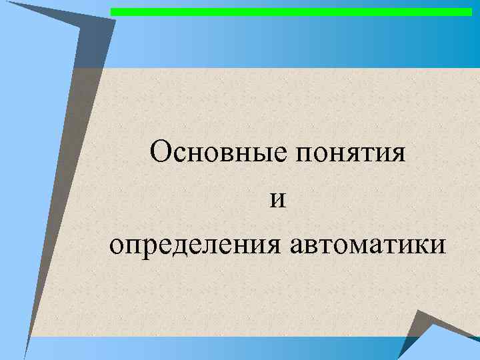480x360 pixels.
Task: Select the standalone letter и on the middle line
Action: (278, 201)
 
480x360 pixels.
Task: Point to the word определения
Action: (196, 246)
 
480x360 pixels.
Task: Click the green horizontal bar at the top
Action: (291, 12)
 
